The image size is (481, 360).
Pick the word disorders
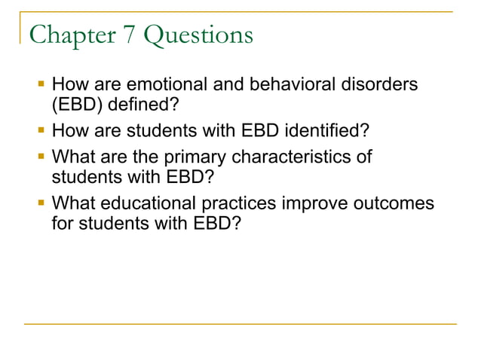(380, 86)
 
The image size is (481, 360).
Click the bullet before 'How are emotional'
(41, 86)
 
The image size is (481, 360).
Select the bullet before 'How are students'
(41, 132)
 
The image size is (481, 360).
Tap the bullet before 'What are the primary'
(41, 158)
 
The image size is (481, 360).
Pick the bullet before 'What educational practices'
(41, 204)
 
